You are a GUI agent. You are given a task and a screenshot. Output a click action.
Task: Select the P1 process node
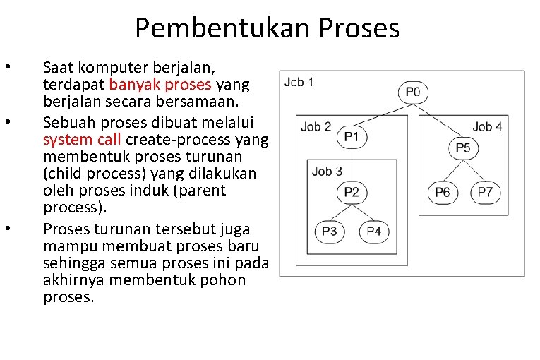click(x=352, y=137)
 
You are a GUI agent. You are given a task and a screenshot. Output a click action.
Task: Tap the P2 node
click(x=352, y=192)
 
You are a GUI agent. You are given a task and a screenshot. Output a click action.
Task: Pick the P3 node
click(x=329, y=231)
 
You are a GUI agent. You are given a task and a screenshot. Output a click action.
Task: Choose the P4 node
click(x=373, y=231)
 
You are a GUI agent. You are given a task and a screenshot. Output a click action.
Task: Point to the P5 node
click(x=462, y=148)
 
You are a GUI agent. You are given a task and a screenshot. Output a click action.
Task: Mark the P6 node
click(x=443, y=192)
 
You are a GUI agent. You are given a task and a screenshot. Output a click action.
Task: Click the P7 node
click(x=486, y=192)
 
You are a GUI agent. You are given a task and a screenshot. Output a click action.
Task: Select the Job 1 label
click(x=299, y=83)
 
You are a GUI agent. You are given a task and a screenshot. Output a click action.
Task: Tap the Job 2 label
click(x=316, y=127)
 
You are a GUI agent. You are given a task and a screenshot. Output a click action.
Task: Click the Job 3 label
click(x=327, y=171)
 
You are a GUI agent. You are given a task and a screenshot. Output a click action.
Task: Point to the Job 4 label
click(x=487, y=127)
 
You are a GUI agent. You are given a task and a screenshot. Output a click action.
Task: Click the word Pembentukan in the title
click(x=223, y=28)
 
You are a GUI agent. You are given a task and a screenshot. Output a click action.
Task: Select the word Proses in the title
click(x=359, y=28)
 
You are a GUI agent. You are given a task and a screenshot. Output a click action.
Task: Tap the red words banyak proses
click(x=160, y=85)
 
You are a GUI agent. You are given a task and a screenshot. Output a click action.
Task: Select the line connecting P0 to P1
click(x=381, y=114)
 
